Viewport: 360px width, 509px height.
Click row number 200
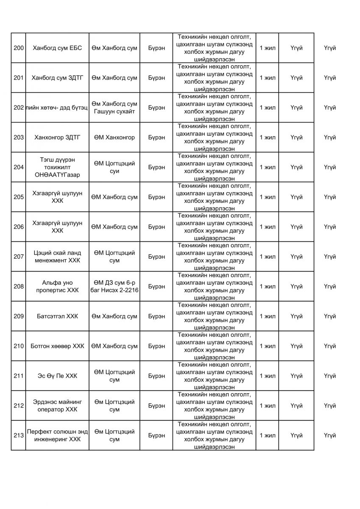pyautogui.click(x=18, y=48)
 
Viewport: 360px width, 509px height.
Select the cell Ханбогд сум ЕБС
pyautogui.click(x=57, y=48)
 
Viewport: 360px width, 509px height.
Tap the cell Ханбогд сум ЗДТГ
pyautogui.click(x=57, y=78)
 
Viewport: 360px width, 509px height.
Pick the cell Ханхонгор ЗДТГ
pyautogui.click(x=57, y=137)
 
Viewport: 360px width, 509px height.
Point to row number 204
pyautogui.click(x=18, y=167)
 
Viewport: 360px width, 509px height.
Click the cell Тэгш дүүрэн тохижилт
pyautogui.click(x=57, y=167)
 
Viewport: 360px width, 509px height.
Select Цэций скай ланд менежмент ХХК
pyautogui.click(x=57, y=257)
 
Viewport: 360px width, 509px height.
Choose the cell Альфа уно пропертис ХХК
pyautogui.click(x=57, y=286)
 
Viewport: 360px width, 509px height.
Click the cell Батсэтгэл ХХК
pyautogui.click(x=57, y=316)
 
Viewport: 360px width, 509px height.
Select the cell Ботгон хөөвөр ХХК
pyautogui.click(x=57, y=346)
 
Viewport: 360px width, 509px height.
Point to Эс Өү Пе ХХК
pyautogui.click(x=57, y=376)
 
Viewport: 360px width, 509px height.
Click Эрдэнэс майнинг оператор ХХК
pyautogui.click(x=57, y=406)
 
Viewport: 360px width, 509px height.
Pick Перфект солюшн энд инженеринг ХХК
pyautogui.click(x=57, y=436)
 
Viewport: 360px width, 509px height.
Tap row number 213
pyautogui.click(x=18, y=436)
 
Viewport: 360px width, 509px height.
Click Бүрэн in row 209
pyautogui.click(x=157, y=316)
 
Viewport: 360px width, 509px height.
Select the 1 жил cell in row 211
pyautogui.click(x=268, y=376)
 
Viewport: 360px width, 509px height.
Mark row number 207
pyautogui.click(x=18, y=257)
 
